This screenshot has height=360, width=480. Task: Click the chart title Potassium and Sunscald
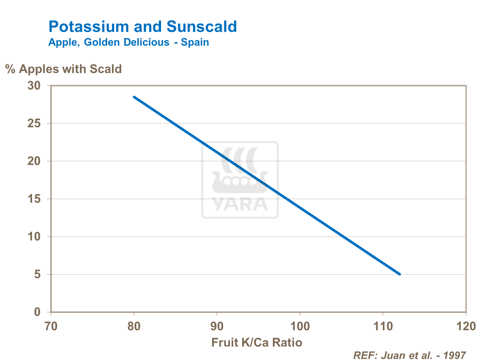pyautogui.click(x=142, y=27)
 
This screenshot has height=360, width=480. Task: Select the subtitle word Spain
pyautogui.click(x=195, y=42)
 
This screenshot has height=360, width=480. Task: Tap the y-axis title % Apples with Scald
pyautogui.click(x=63, y=69)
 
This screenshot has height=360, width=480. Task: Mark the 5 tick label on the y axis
pyautogui.click(x=37, y=275)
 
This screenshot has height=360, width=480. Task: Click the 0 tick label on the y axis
pyautogui.click(x=37, y=312)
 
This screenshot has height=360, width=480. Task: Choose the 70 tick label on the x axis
pyautogui.click(x=51, y=326)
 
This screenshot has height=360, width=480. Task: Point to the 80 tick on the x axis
pyautogui.click(x=134, y=326)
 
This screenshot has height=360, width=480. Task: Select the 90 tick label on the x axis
pyautogui.click(x=217, y=326)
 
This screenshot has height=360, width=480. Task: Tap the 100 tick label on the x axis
pyautogui.click(x=300, y=326)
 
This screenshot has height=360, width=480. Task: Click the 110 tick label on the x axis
pyautogui.click(x=383, y=326)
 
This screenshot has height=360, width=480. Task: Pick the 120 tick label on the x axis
pyautogui.click(x=466, y=326)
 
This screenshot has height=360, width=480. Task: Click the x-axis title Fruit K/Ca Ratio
pyautogui.click(x=257, y=343)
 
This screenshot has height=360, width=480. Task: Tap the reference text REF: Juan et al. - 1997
pyautogui.click(x=409, y=355)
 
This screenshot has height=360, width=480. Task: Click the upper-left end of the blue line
pyautogui.click(x=134, y=97)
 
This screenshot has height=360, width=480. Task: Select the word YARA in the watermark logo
pyautogui.click(x=240, y=204)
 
